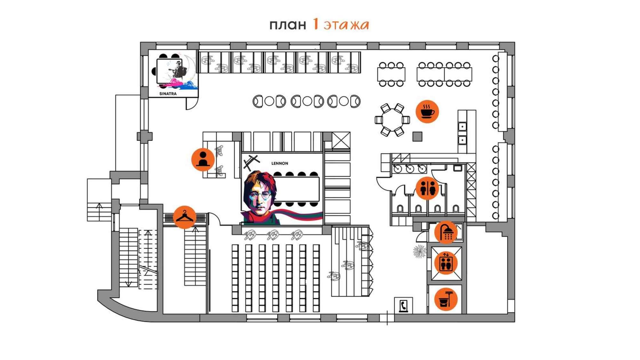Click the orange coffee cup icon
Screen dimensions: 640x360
pyautogui.click(x=427, y=111)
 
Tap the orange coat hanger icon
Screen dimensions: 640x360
pyautogui.click(x=185, y=217)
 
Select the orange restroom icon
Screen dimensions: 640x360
pyautogui.click(x=428, y=188)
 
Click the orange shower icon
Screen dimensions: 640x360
pyautogui.click(x=446, y=232)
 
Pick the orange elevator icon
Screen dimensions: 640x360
pyautogui.click(x=446, y=263)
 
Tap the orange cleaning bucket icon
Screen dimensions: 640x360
pyautogui.click(x=446, y=299)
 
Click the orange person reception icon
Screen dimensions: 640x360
pyautogui.click(x=203, y=159)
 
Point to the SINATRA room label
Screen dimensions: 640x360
pyautogui.click(x=168, y=94)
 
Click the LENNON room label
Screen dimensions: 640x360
pyautogui.click(x=280, y=163)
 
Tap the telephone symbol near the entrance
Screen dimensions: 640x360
pyautogui.click(x=403, y=306)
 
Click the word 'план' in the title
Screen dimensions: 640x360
pyautogui.click(x=288, y=25)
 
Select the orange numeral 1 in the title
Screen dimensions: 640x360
pyautogui.click(x=316, y=24)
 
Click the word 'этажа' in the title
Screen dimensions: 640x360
pyautogui.click(x=347, y=25)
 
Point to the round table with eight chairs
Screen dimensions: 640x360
pyautogui.click(x=392, y=120)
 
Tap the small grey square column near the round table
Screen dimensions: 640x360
pyautogui.click(x=417, y=137)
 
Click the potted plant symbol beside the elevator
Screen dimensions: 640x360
pyautogui.click(x=420, y=251)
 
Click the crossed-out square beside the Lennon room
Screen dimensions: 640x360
pyautogui.click(x=341, y=140)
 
